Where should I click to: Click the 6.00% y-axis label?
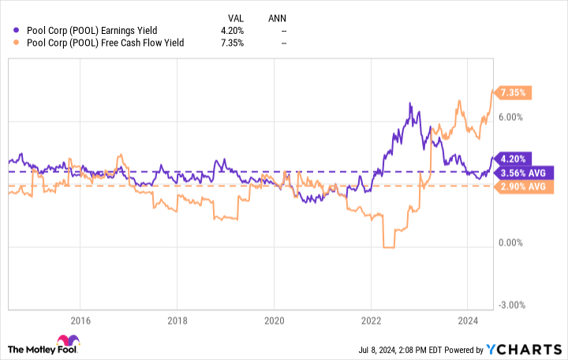(513, 117)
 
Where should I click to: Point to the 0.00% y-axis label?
(513, 243)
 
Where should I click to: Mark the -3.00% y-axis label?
(513, 306)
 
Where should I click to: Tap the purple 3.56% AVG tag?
(523, 172)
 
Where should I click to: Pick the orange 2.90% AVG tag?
(523, 186)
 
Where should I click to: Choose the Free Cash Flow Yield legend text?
(104, 43)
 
